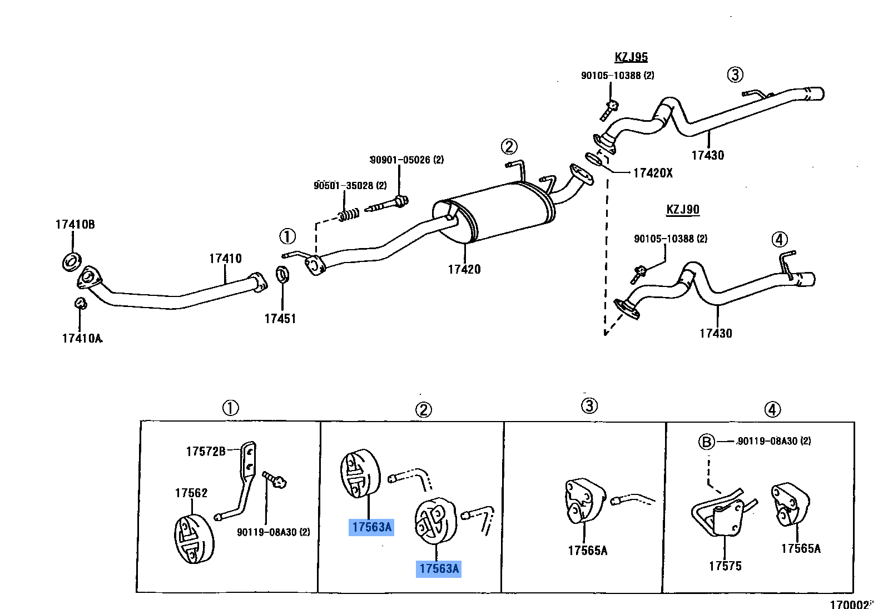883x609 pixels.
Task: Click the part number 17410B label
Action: click(x=75, y=225)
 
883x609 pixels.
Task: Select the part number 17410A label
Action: click(x=82, y=338)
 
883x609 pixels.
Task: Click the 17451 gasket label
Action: click(x=280, y=319)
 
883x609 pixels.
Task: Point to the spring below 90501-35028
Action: click(x=349, y=214)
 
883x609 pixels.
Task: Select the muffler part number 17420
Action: click(x=464, y=269)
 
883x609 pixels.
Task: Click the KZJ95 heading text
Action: click(x=631, y=57)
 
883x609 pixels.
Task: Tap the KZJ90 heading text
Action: click(x=683, y=210)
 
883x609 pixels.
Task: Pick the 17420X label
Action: click(x=653, y=173)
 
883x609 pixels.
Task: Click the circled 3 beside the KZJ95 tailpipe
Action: click(x=735, y=75)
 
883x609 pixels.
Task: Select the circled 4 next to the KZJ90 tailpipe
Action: click(x=780, y=240)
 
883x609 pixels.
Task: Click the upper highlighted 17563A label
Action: click(x=371, y=527)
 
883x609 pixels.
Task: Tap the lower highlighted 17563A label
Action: click(x=439, y=568)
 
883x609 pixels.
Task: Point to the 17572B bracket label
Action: click(x=206, y=452)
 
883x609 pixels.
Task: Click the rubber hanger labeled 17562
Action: click(x=194, y=539)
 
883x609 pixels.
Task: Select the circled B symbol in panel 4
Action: click(x=706, y=442)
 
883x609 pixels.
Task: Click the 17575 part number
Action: click(x=725, y=566)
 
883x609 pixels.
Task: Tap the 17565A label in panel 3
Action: click(x=587, y=551)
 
